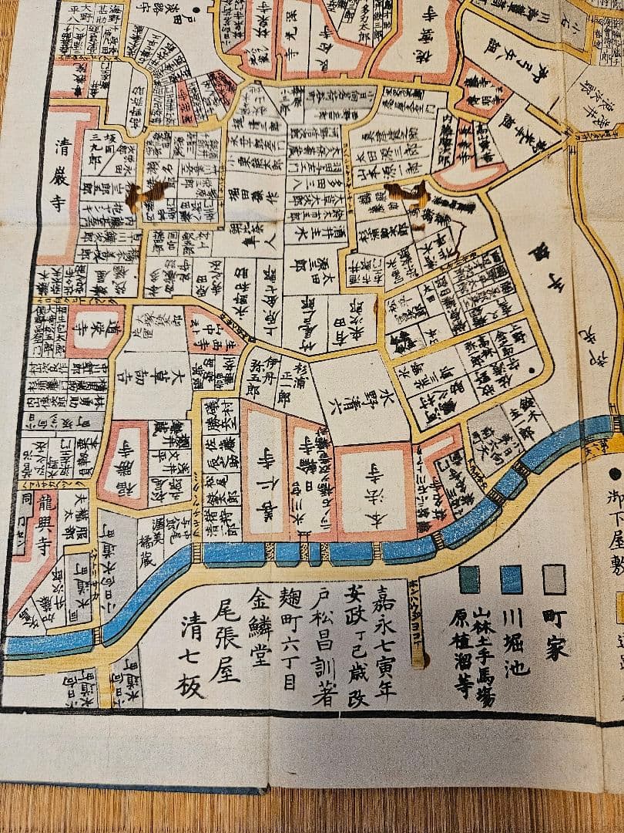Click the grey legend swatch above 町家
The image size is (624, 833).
point(554,579)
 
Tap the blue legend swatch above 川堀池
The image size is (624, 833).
point(512,579)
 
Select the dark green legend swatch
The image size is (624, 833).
point(469,579)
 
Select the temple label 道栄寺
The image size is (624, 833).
point(93,331)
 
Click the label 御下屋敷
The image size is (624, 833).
point(614,532)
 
